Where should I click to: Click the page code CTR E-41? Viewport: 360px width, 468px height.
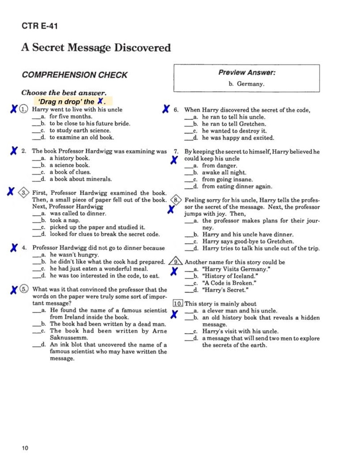pyautogui.click(x=40, y=26)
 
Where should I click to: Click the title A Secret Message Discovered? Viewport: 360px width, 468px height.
pyautogui.click(x=96, y=48)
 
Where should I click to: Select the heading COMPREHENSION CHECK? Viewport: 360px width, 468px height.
pyautogui.click(x=75, y=75)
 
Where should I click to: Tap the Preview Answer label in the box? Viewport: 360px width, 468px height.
pyautogui.click(x=247, y=72)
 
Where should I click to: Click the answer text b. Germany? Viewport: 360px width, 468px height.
pyautogui.click(x=247, y=84)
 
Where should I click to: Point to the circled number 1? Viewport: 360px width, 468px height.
pyautogui.click(x=23, y=109)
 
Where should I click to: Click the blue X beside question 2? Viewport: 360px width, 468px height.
pyautogui.click(x=14, y=151)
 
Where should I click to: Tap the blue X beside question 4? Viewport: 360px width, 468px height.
pyautogui.click(x=14, y=248)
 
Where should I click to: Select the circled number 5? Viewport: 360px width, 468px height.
pyautogui.click(x=24, y=289)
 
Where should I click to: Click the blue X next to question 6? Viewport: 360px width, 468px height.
pyautogui.click(x=166, y=109)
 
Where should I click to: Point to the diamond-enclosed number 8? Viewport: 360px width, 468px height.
pyautogui.click(x=176, y=200)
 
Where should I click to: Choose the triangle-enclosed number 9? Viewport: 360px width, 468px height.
pyautogui.click(x=176, y=262)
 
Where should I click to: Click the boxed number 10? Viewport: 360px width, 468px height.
pyautogui.click(x=178, y=303)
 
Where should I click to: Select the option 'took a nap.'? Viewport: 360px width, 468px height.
pyautogui.click(x=65, y=220)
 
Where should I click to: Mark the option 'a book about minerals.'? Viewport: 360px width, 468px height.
pyautogui.click(x=81, y=179)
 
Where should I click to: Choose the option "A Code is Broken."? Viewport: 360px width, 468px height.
pyautogui.click(x=229, y=283)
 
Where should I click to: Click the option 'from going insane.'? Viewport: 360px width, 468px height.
pyautogui.click(x=227, y=179)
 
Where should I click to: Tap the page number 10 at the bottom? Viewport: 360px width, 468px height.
pyautogui.click(x=25, y=448)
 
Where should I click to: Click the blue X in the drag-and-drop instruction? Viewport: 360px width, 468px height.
pyautogui.click(x=100, y=101)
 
